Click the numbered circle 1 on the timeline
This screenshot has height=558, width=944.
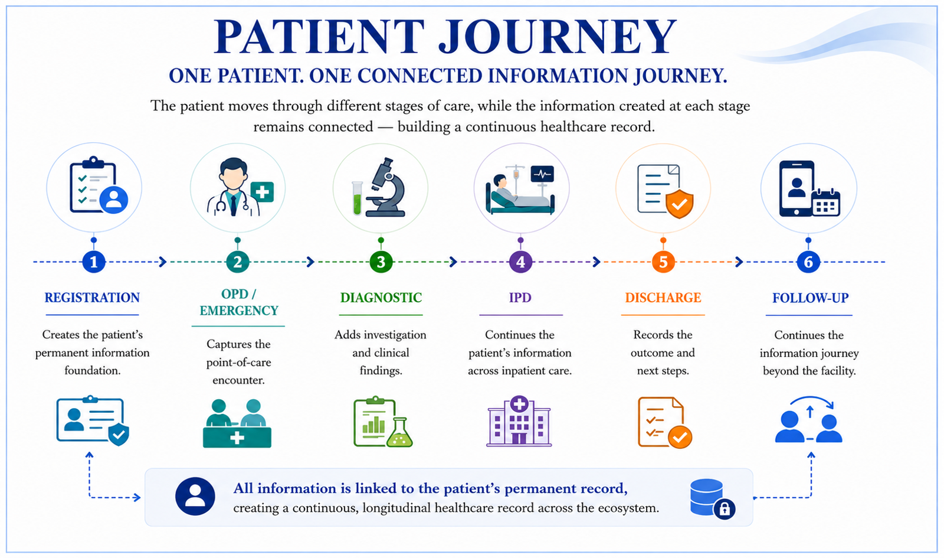pyautogui.click(x=94, y=262)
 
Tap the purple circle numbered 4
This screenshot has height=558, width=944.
pyautogui.click(x=520, y=262)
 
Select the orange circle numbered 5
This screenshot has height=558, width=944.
pyautogui.click(x=663, y=262)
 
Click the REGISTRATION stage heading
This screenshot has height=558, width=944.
pyautogui.click(x=92, y=298)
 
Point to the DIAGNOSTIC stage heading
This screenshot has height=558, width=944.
pyautogui.click(x=381, y=298)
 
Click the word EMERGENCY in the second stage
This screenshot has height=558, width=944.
pyautogui.click(x=239, y=311)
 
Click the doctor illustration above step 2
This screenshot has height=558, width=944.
pyautogui.click(x=233, y=187)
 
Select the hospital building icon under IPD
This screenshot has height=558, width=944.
pyautogui.click(x=519, y=421)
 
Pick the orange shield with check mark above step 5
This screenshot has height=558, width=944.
pyautogui.click(x=679, y=204)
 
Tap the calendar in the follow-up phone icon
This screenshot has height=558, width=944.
pyautogui.click(x=826, y=203)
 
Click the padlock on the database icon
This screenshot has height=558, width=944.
pyautogui.click(x=725, y=509)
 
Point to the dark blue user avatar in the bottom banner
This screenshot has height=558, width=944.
pyautogui.click(x=195, y=497)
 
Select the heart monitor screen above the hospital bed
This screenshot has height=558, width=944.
pyautogui.click(x=542, y=174)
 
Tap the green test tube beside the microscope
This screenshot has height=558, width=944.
pyautogui.click(x=357, y=198)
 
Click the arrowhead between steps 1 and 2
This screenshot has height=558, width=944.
pyautogui.click(x=163, y=262)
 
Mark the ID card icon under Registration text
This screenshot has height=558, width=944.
pyautogui.click(x=93, y=420)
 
